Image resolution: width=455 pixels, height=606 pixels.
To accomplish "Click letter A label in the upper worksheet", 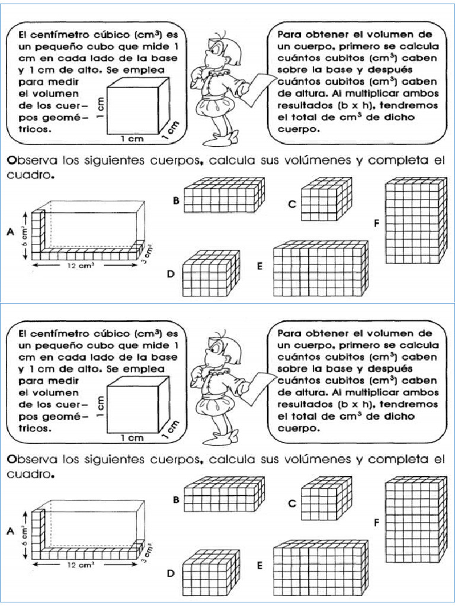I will (x=10, y=233).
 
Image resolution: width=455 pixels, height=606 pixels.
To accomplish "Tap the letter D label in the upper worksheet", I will (x=170, y=274).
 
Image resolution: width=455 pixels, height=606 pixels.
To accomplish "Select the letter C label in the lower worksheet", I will (x=291, y=504).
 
